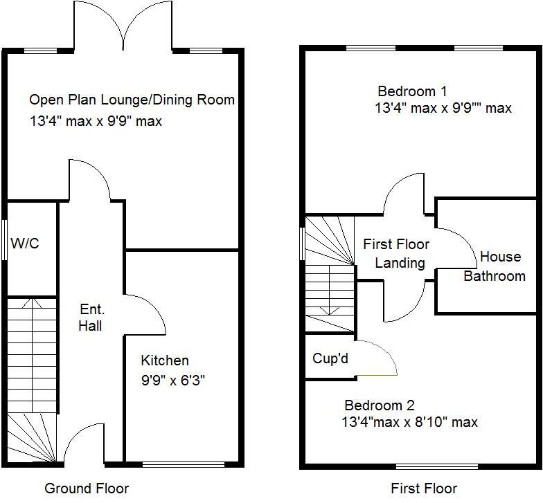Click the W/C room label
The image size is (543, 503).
pos(26,243)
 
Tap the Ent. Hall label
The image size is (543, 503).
pos(91,317)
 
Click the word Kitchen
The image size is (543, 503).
pos(165,360)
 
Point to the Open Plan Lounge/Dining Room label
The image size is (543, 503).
pos(132,100)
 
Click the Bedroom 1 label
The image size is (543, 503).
pos(412,91)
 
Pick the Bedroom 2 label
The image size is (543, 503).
pos(380,405)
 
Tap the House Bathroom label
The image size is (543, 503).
pos(495,266)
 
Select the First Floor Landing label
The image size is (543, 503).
pos(397,253)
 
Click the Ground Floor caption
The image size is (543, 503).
pos(87,488)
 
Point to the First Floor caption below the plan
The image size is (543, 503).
pos(425,488)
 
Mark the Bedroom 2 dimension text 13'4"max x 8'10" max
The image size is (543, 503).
pos(409,422)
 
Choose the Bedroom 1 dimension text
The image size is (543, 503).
pos(443,109)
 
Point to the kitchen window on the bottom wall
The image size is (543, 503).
pos(184,463)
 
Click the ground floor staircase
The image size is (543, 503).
pos(31,374)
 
